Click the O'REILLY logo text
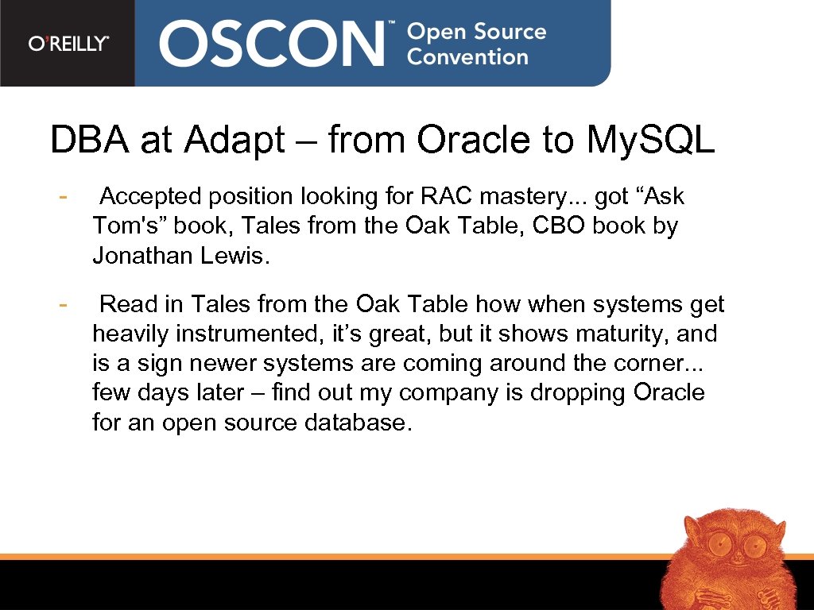(68, 44)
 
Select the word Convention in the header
(467, 57)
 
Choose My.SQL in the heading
(650, 141)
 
